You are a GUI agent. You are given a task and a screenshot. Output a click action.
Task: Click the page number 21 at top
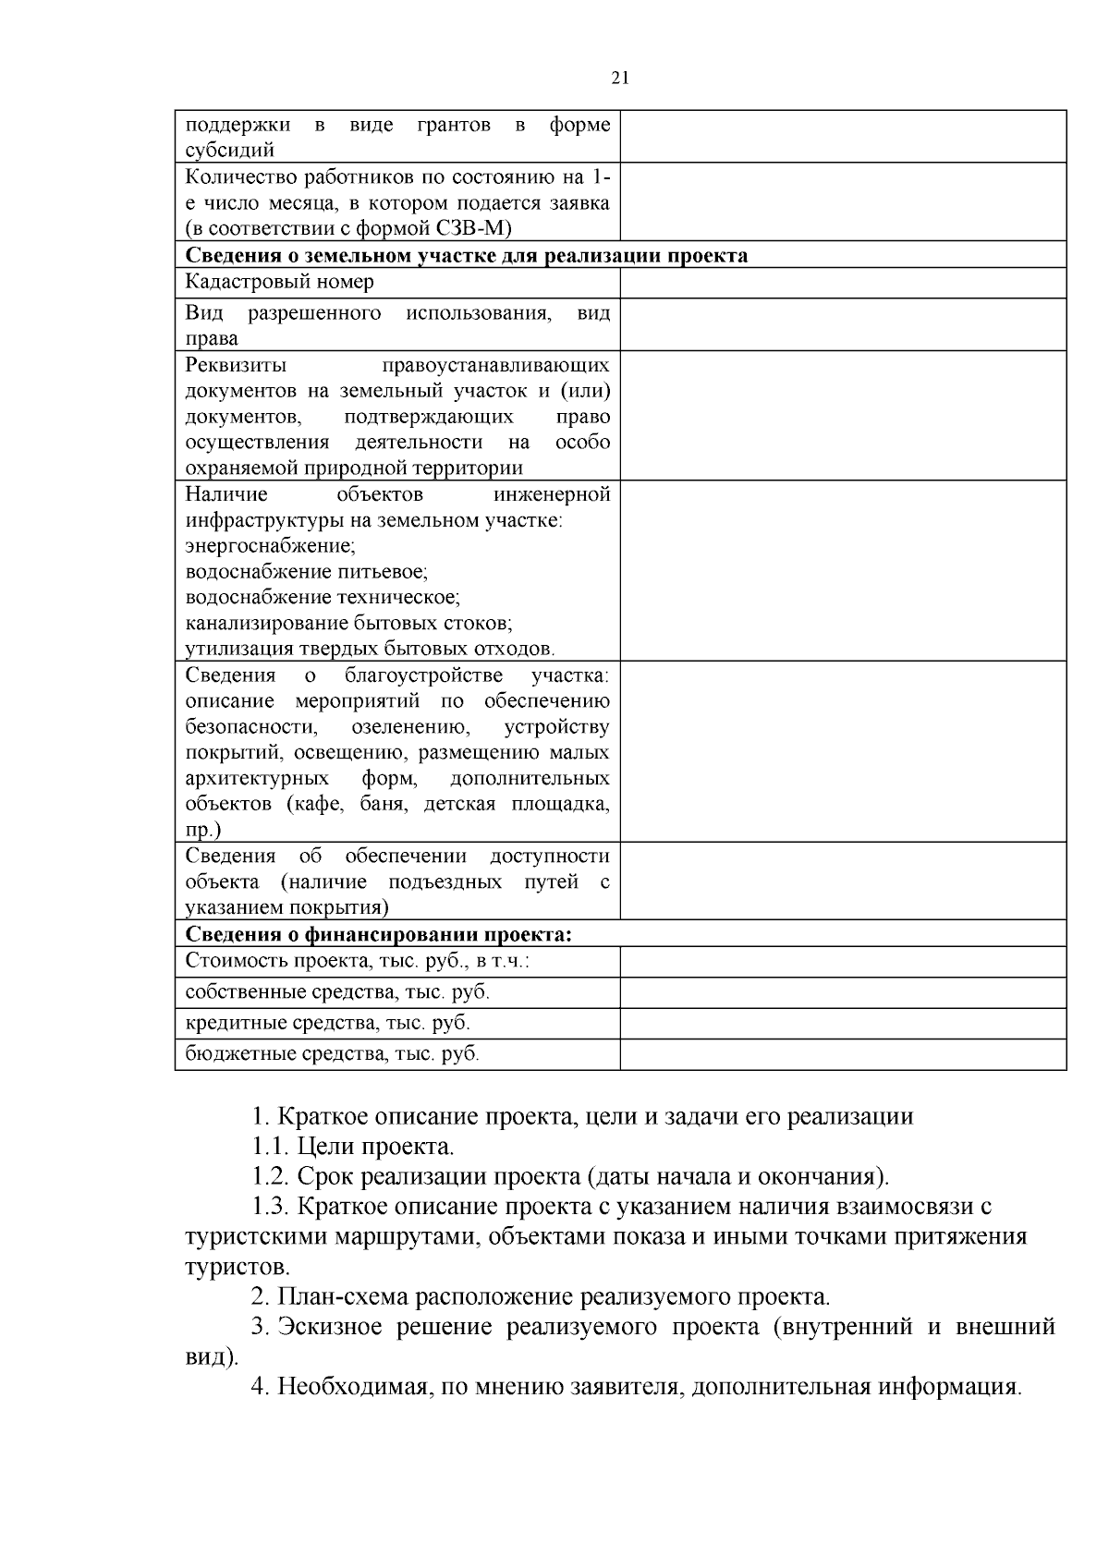coord(620,79)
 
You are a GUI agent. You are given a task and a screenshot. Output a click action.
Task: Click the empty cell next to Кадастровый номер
coord(842,283)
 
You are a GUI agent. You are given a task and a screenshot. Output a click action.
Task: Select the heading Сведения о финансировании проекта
coord(379,934)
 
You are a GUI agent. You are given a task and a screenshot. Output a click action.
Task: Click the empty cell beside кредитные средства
coord(842,1024)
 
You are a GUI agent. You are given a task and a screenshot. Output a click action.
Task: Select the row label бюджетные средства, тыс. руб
coord(333,1054)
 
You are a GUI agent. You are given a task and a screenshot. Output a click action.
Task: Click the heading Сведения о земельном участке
coord(467,256)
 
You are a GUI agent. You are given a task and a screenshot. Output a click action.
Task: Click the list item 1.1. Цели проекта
coord(353,1148)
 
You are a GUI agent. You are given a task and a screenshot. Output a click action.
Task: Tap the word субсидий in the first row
coord(230,150)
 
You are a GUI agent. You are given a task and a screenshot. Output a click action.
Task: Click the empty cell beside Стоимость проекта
coord(842,963)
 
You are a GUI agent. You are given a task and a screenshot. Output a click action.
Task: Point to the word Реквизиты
coord(236,365)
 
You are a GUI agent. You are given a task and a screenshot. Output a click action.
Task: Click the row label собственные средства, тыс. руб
coord(337,993)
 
